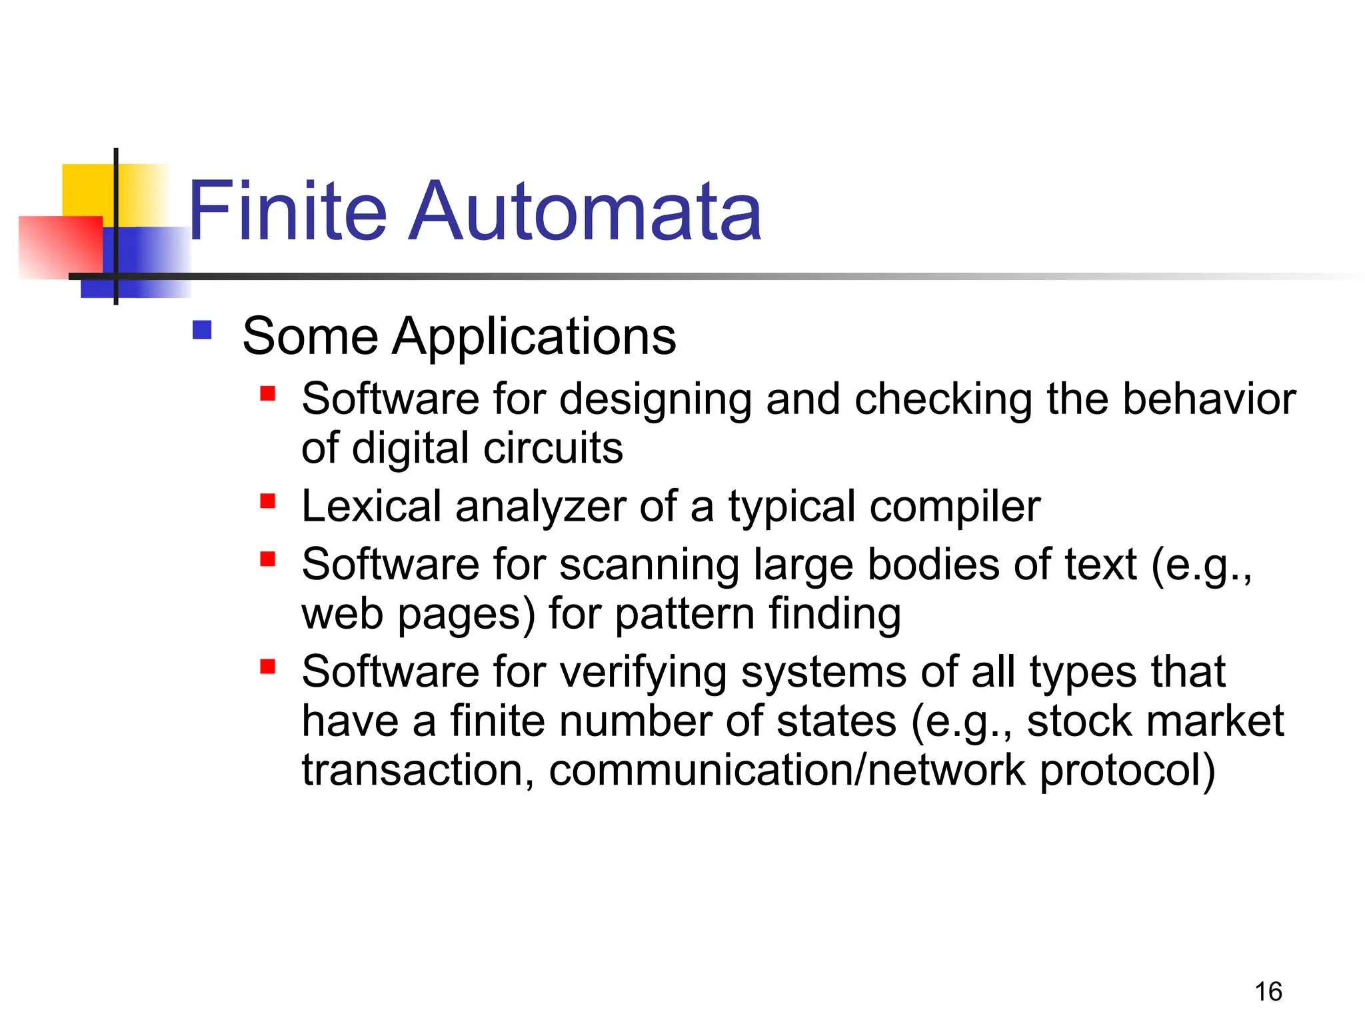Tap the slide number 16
click(x=1268, y=992)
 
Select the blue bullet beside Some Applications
click(x=202, y=331)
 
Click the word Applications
click(x=534, y=337)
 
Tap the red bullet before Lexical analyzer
click(x=268, y=501)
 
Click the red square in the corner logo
click(x=60, y=247)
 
